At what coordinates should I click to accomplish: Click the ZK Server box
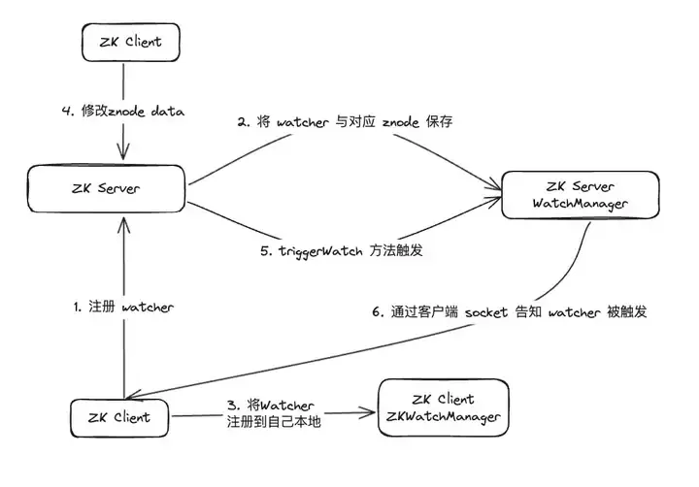click(x=107, y=188)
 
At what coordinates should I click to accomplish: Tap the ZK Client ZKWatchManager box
click(x=443, y=407)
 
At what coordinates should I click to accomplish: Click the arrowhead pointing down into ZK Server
click(x=121, y=155)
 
